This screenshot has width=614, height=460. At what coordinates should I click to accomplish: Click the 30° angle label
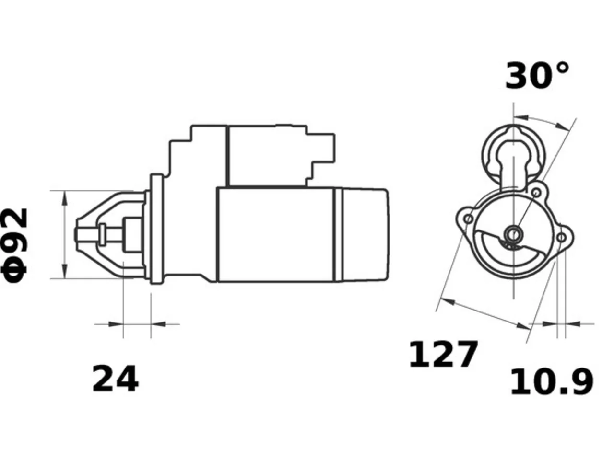(x=537, y=76)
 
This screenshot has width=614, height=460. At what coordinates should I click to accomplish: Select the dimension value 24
(x=115, y=379)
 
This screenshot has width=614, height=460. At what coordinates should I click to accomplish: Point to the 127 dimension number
(x=443, y=354)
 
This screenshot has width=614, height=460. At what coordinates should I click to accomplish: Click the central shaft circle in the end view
(x=513, y=234)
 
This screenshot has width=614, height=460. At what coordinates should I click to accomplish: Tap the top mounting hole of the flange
(x=536, y=193)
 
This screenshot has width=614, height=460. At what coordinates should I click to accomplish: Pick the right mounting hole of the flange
(x=561, y=238)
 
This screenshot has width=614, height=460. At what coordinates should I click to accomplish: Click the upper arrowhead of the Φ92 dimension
(x=65, y=198)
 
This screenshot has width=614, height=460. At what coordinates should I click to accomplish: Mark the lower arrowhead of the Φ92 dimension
(x=65, y=271)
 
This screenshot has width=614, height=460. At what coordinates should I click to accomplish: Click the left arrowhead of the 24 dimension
(x=116, y=324)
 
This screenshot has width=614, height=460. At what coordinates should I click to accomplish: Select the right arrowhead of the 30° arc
(x=562, y=126)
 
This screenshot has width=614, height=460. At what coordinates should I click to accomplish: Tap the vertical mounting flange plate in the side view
(x=157, y=229)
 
